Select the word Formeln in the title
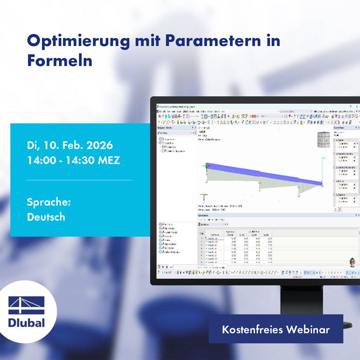60,61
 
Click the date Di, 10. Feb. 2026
70,145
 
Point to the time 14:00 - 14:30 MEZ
73,160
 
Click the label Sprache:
49,202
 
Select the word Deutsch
46,217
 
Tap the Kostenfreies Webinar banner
276,329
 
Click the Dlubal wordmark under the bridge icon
27,323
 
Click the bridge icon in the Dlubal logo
27,305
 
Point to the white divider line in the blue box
79,180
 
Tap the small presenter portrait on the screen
352,262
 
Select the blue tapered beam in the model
263,173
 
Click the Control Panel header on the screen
339,128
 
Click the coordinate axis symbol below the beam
205,196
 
